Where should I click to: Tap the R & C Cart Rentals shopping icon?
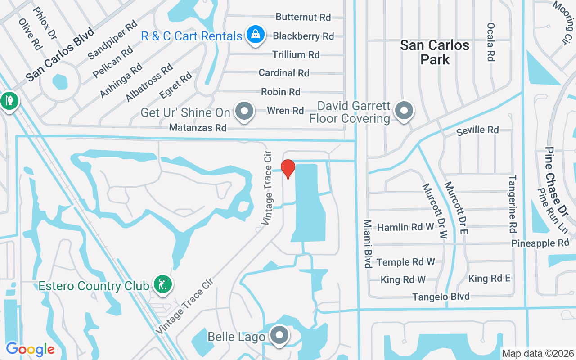point(255,35)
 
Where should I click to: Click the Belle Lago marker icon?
point(279,335)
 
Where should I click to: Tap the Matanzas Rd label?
point(198,128)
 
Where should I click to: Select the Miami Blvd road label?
point(368,243)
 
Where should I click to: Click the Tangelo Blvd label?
point(441,297)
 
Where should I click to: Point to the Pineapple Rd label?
point(540,243)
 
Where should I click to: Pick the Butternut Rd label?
point(303,17)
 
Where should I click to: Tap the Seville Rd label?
point(477,130)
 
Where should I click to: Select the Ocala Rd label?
point(490,42)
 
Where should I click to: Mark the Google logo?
point(30,349)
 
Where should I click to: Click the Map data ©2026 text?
point(538,353)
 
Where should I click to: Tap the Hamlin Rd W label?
point(406,227)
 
